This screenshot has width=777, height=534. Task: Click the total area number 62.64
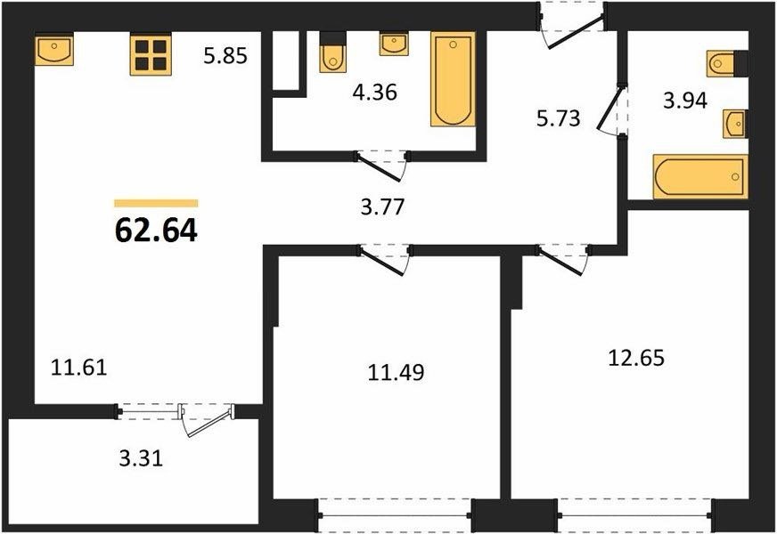[x=156, y=231]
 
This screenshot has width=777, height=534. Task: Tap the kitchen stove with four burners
[x=151, y=54]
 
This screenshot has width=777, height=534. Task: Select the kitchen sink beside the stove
[x=54, y=49]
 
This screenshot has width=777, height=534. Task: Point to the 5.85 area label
[x=225, y=56]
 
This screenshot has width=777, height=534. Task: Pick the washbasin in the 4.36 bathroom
[x=394, y=44]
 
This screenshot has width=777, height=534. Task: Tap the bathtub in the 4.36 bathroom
[x=453, y=79]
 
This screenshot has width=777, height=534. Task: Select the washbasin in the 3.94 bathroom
[x=735, y=124]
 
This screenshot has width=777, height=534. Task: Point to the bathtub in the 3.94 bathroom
[x=700, y=177]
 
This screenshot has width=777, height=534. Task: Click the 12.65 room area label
[x=636, y=357]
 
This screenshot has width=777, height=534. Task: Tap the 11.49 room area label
[x=396, y=372]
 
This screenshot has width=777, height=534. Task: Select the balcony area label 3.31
[x=141, y=458]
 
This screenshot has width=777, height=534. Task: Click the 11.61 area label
[x=79, y=368]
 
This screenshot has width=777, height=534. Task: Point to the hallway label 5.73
[x=559, y=118]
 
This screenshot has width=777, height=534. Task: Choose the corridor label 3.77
[x=382, y=206]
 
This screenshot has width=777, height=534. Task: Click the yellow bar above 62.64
[x=156, y=203]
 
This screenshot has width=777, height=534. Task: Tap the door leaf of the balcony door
[x=210, y=422]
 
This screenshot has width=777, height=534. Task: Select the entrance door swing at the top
[x=574, y=32]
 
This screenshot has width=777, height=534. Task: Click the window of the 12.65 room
[x=635, y=515]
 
